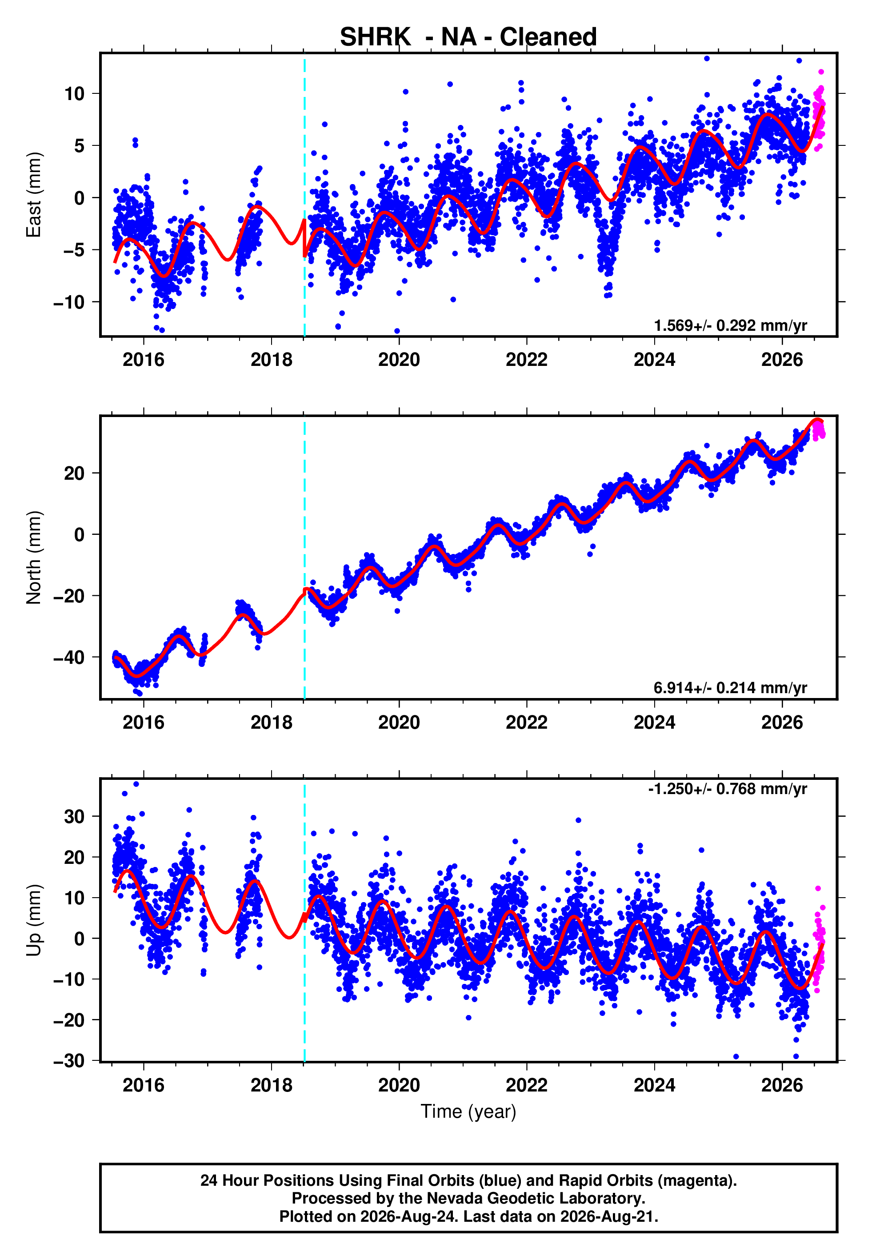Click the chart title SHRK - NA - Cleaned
tap(468, 37)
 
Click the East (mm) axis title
tap(34, 195)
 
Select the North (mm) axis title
tap(34, 558)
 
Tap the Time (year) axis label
tap(468, 1112)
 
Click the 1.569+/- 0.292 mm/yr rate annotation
tap(731, 325)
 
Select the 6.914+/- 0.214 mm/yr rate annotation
tap(731, 688)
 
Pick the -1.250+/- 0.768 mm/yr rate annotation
tap(728, 789)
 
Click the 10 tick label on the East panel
tap(75, 93)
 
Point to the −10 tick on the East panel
tap(69, 302)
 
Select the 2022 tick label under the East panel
tap(527, 360)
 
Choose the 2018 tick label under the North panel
tap(272, 722)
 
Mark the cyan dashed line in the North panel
tap(304, 558)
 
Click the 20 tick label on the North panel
tap(74, 473)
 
